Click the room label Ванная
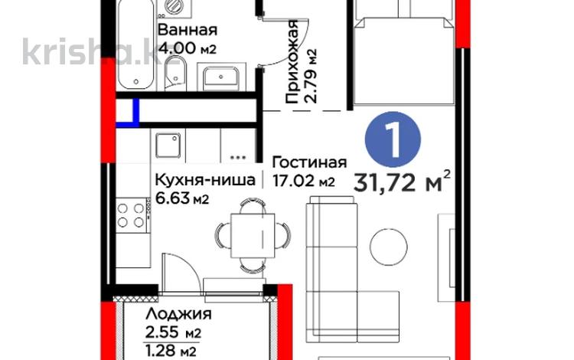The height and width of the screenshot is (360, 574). tap(187, 30)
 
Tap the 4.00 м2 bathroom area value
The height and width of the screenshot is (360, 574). tap(187, 47)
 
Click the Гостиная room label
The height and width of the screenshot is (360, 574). tap(309, 162)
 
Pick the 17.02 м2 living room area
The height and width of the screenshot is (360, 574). tap(304, 181)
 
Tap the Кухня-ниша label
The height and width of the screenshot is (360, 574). tap(205, 180)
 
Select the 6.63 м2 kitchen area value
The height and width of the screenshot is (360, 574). tap(182, 198)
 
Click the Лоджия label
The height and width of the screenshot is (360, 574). tap(178, 314)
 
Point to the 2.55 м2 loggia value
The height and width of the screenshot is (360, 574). tap(173, 333)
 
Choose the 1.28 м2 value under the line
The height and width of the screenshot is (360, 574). tap(171, 352)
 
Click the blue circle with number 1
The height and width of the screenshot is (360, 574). tap(393, 139)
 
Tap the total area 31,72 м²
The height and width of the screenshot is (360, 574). tap(402, 182)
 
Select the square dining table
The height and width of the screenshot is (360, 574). tap(253, 235)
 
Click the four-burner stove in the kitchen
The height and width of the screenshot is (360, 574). tap(131, 215)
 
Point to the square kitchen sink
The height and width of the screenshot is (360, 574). tap(168, 146)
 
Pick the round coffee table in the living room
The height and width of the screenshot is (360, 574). tap(388, 247)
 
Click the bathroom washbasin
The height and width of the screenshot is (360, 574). tap(220, 78)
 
